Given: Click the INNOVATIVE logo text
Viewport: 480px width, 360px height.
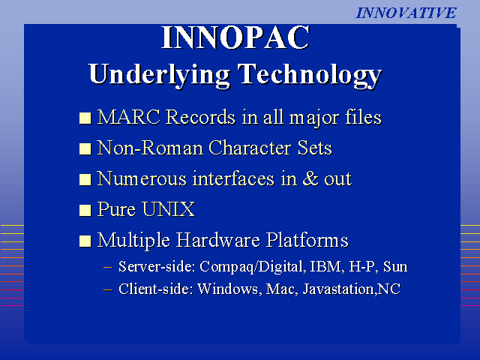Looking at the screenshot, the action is click(x=406, y=13).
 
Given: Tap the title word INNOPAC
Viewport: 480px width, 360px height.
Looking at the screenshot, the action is click(x=235, y=37).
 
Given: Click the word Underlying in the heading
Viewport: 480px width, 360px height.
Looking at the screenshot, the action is click(x=160, y=75).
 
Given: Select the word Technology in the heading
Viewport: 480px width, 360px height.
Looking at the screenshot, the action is click(x=310, y=75).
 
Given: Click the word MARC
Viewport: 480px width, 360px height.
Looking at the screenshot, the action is click(x=128, y=117).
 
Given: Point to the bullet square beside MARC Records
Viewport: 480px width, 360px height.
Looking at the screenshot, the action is click(x=85, y=118).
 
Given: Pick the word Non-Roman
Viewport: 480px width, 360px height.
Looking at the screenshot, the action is click(x=150, y=148).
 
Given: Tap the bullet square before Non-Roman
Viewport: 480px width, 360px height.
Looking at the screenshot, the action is click(x=85, y=149).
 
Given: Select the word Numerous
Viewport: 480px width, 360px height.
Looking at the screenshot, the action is click(x=142, y=178).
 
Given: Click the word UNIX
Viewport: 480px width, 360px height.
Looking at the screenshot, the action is click(x=169, y=209).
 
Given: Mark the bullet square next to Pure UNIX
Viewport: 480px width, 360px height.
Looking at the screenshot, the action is click(x=85, y=210).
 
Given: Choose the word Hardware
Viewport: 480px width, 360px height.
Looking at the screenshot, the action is click(x=217, y=240).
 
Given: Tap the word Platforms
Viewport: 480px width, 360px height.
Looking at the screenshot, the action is click(x=307, y=240).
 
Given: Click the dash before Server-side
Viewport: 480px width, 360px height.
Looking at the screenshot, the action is click(x=108, y=267).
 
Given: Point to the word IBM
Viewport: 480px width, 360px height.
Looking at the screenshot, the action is click(x=325, y=266).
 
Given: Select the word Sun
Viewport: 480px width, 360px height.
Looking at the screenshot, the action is click(x=395, y=266).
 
